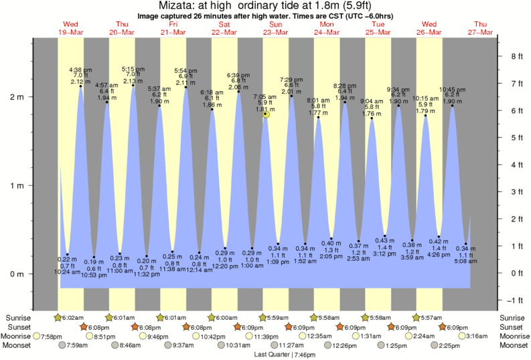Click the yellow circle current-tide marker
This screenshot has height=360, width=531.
[266, 114]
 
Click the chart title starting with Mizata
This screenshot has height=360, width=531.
[265, 6]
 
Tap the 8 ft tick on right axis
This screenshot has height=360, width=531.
[516, 56]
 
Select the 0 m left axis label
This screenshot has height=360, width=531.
[17, 274]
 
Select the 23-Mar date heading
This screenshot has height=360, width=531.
[275, 32]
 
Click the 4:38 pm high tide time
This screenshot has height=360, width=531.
[80, 70]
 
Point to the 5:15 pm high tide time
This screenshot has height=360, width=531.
[132, 69]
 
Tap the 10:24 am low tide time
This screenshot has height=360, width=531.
[67, 272]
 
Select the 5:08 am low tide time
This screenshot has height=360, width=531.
[466, 262]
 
